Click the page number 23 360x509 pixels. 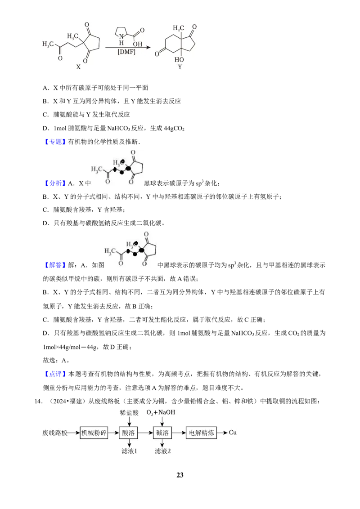(x=180, y=475)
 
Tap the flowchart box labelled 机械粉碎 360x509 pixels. (x=94, y=433)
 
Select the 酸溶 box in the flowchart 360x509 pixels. (x=129, y=433)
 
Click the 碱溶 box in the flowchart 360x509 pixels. (x=162, y=433)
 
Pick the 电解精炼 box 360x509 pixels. (x=202, y=433)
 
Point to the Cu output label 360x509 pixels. (x=233, y=433)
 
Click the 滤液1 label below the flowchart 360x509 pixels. (x=129, y=451)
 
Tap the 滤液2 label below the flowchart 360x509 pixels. (x=162, y=451)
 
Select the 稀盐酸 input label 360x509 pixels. (x=129, y=413)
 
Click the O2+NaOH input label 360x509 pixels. (x=161, y=413)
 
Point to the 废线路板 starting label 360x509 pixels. (x=55, y=433)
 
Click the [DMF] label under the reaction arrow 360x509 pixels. (x=126, y=52)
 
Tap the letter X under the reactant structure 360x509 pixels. (x=78, y=67)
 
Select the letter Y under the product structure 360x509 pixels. (x=180, y=67)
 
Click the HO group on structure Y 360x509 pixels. (x=179, y=60)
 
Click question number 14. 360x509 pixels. (x=39, y=402)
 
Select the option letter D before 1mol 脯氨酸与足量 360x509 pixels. (x=45, y=128)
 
